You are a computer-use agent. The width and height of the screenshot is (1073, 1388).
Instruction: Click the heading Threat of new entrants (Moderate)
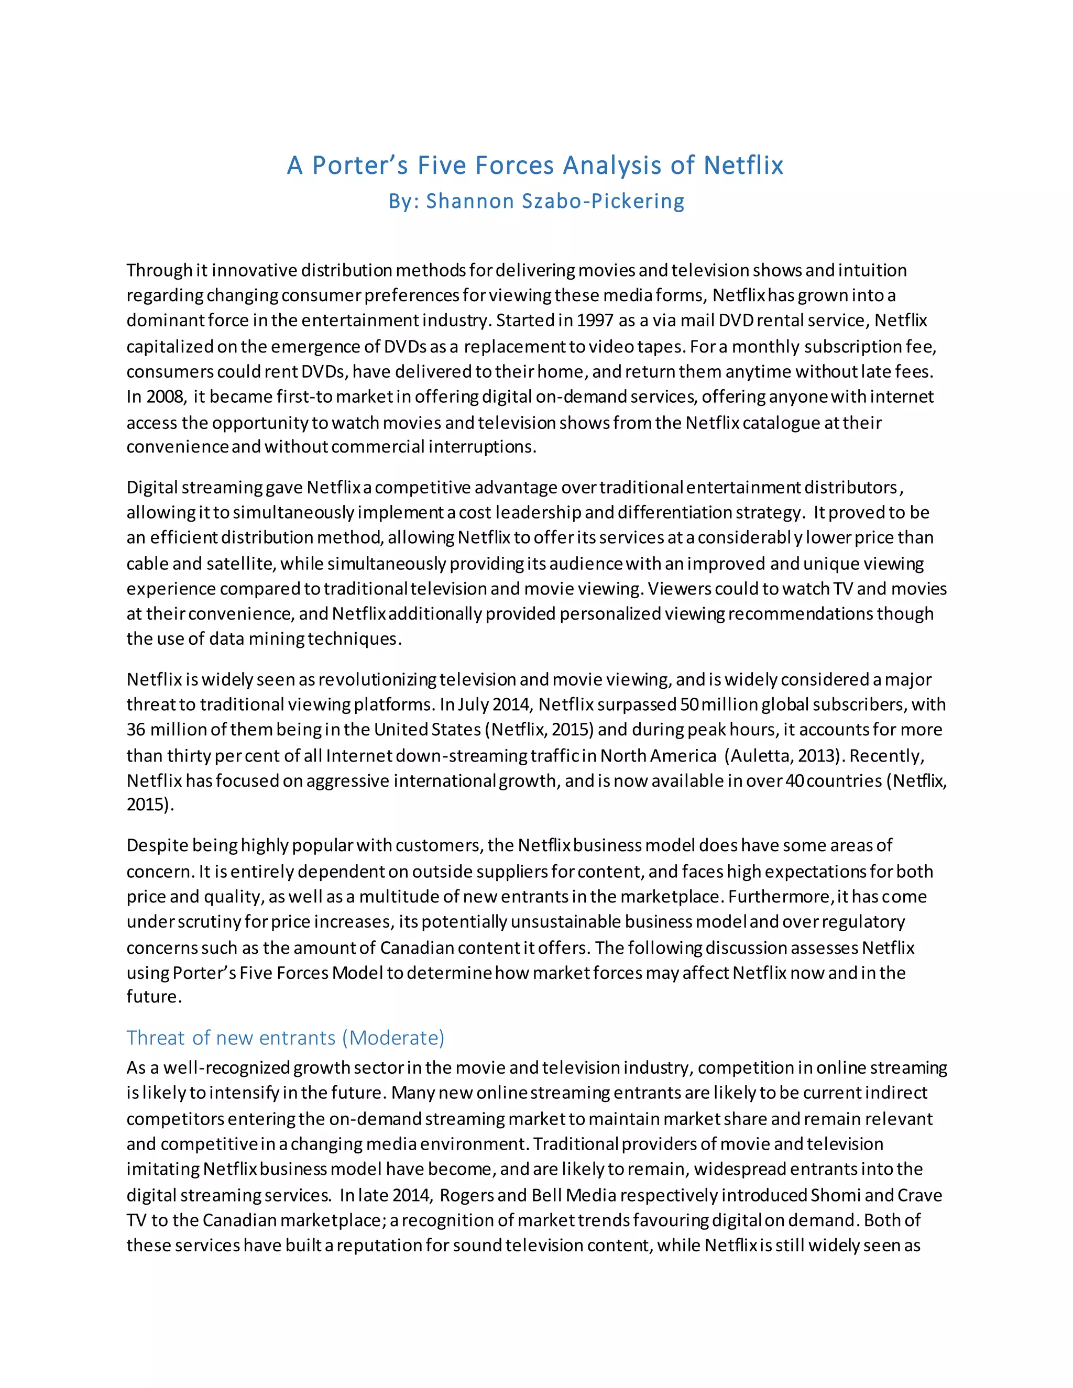pyautogui.click(x=286, y=1037)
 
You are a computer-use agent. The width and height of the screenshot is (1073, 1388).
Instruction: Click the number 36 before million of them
pyautogui.click(x=135, y=730)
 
